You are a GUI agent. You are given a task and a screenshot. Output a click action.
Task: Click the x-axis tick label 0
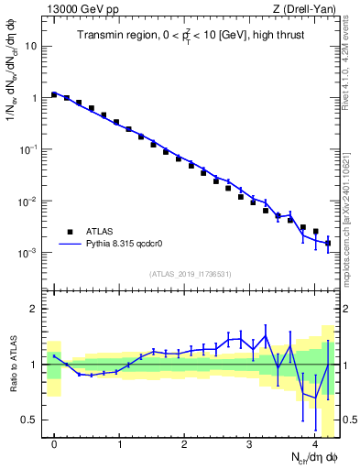click(55, 444)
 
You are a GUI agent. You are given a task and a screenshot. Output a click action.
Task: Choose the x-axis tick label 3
click(250, 444)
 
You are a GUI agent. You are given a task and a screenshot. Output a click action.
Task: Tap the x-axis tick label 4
click(315, 444)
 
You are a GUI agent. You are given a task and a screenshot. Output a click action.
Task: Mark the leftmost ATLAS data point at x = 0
click(55, 94)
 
